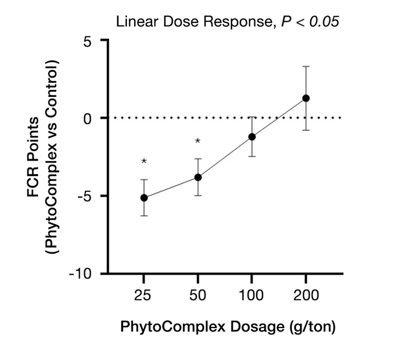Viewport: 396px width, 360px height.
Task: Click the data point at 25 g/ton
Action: click(144, 198)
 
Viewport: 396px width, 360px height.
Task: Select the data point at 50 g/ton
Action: click(198, 177)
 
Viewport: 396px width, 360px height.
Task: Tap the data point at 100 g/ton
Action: click(252, 137)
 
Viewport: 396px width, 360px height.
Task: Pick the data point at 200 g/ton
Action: click(306, 98)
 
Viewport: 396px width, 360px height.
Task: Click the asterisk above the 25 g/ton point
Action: click(144, 162)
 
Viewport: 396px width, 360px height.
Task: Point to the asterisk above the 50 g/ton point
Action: click(198, 141)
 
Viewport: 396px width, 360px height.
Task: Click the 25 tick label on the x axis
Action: click(144, 296)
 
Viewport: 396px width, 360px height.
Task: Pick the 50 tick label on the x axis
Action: click(198, 296)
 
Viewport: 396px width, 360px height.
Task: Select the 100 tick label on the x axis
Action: click(252, 296)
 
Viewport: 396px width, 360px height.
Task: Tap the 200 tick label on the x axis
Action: click(306, 296)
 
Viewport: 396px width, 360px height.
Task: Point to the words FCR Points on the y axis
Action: click(34, 157)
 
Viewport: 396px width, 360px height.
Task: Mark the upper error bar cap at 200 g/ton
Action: click(306, 67)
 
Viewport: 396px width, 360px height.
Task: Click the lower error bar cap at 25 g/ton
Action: click(144, 216)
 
